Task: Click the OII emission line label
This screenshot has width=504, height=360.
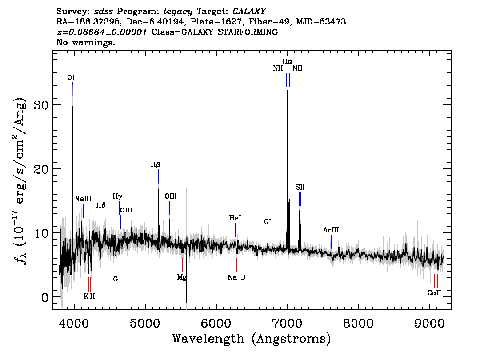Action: pos(72,77)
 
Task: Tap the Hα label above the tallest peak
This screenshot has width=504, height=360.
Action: pos(288,61)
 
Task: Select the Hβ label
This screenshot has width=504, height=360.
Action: pos(155,165)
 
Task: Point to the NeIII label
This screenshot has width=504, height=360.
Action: pos(83,199)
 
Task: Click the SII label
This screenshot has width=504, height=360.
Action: pos(300,187)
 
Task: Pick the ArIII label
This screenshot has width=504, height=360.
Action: pos(331,230)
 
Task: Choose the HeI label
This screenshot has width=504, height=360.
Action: pos(235,218)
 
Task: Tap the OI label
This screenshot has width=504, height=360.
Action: pos(268,221)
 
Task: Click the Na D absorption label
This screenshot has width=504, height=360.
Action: pos(236,277)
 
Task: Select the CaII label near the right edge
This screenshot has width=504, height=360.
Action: pos(434,292)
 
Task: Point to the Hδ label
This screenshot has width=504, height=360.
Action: pos(100,205)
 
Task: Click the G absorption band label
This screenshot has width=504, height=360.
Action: pos(116,279)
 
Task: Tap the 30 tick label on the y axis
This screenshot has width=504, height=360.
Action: pos(42,105)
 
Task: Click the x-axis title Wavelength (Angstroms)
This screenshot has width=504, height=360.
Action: pos(252,339)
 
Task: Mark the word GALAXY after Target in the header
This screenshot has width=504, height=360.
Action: pos(249,12)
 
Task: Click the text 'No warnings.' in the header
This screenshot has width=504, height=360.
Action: pos(85,42)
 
